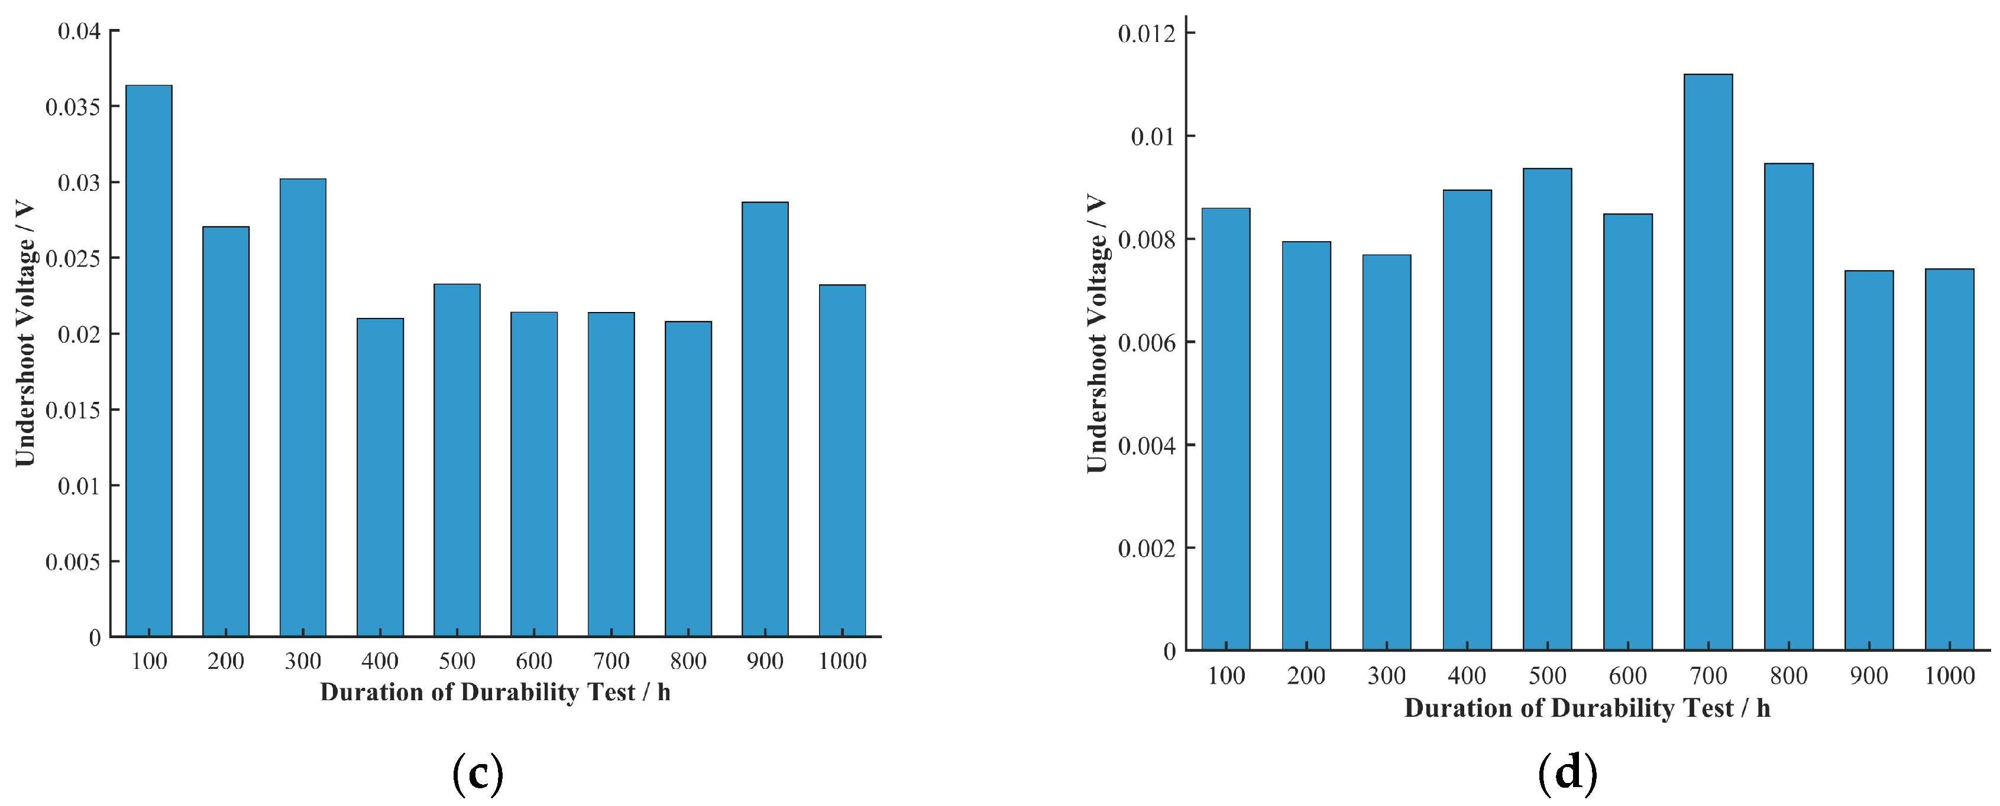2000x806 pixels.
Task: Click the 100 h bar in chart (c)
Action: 148,360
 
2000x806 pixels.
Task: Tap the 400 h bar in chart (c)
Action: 380,477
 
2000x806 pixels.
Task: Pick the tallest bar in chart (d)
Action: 1708,362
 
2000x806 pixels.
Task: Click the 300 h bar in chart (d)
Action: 1387,452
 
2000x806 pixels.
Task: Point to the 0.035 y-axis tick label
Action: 73,107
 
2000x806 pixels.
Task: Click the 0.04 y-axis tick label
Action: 79,31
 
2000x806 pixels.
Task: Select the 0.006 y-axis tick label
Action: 1146,342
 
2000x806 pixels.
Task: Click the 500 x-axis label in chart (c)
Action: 457,661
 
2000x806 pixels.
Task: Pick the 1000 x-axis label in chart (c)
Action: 842,661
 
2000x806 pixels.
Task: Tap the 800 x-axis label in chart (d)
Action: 1789,675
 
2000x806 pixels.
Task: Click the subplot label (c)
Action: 477,773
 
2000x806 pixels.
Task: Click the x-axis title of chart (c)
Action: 496,692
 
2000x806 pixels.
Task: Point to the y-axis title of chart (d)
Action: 1096,334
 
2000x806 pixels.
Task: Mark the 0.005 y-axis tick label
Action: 73,561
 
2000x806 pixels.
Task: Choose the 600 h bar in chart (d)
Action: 1628,432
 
